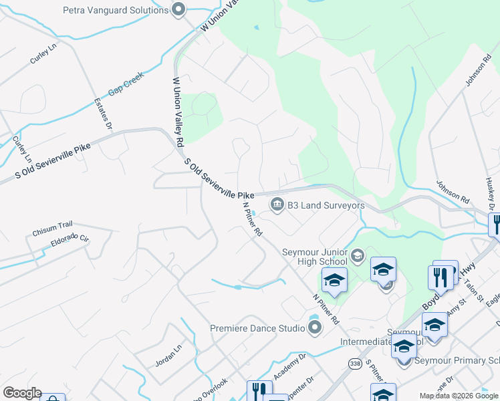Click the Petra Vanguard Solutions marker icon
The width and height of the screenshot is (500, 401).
pyautogui.click(x=178, y=10)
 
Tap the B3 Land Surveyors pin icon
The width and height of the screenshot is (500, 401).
pyautogui.click(x=277, y=204)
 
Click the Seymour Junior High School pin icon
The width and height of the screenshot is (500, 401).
pyautogui.click(x=357, y=255)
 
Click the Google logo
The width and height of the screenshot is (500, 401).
pyautogui.click(x=22, y=393)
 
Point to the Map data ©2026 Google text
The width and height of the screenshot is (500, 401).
pyautogui.click(x=458, y=396)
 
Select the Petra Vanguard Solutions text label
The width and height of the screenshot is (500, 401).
pyautogui.click(x=115, y=10)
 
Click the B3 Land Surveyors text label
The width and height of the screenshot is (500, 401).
pyautogui.click(x=326, y=206)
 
